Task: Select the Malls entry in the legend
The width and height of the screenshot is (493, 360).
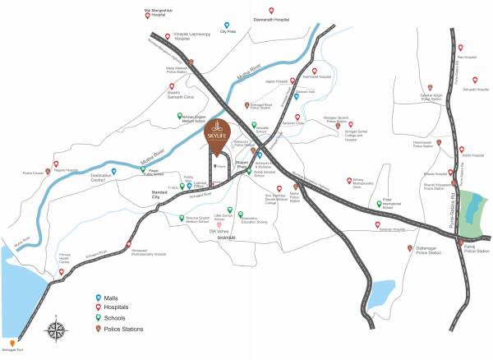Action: pyautogui.click(x=113, y=298)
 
